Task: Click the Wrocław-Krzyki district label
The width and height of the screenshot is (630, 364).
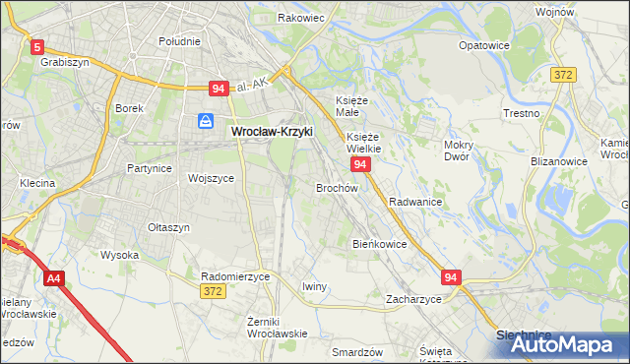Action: [271, 130]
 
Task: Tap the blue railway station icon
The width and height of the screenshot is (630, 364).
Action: [205, 121]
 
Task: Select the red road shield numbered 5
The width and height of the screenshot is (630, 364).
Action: [37, 46]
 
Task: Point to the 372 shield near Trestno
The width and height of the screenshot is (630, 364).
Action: [563, 75]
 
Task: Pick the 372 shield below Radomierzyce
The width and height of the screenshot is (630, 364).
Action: [212, 292]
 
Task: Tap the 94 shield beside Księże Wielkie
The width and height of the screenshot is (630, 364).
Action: [360, 164]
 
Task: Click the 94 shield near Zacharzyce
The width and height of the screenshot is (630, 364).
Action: [451, 278]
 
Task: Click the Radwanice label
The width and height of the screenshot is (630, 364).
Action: [414, 202]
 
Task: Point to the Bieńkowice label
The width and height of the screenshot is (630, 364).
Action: [379, 244]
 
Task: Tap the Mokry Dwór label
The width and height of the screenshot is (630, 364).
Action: [459, 151]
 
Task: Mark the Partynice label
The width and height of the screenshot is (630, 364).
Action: [150, 168]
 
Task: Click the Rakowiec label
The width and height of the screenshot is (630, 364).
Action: [301, 18]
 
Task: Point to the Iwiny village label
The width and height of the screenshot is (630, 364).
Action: [314, 286]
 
